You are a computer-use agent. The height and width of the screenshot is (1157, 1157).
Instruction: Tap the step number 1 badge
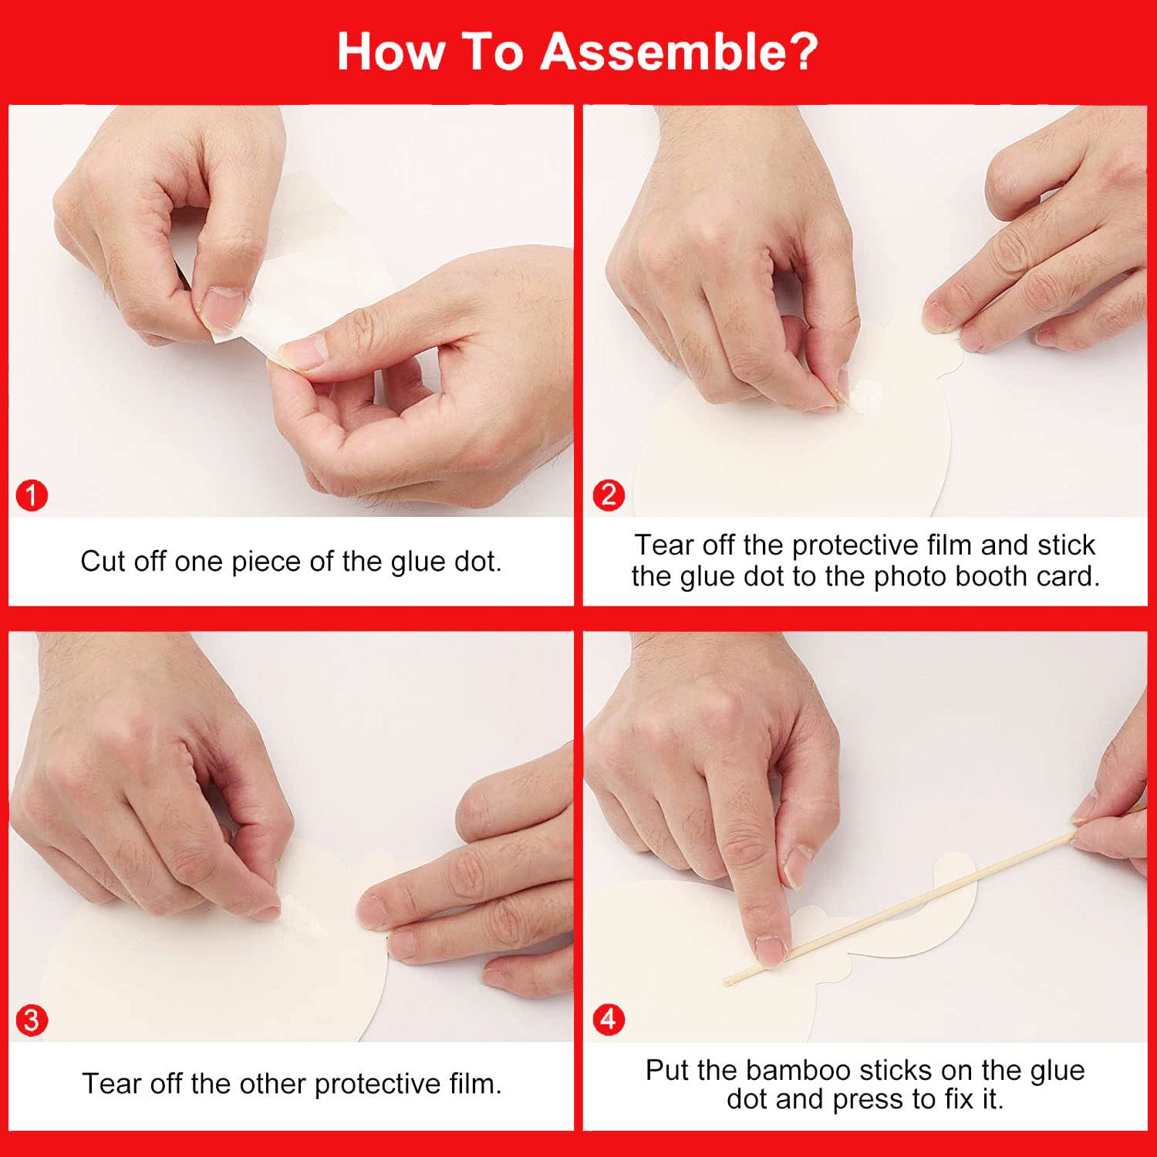32,495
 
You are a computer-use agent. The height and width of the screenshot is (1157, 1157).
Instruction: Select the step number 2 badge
609,495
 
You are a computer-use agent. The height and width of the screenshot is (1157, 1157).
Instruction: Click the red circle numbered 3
32,1020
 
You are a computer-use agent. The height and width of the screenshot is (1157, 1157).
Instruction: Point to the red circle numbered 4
609,1020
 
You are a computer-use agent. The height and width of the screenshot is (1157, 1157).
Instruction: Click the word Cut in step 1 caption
103,562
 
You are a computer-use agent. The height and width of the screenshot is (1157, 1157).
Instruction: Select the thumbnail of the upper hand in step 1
222,305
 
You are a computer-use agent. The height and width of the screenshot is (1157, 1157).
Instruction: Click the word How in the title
391,52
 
